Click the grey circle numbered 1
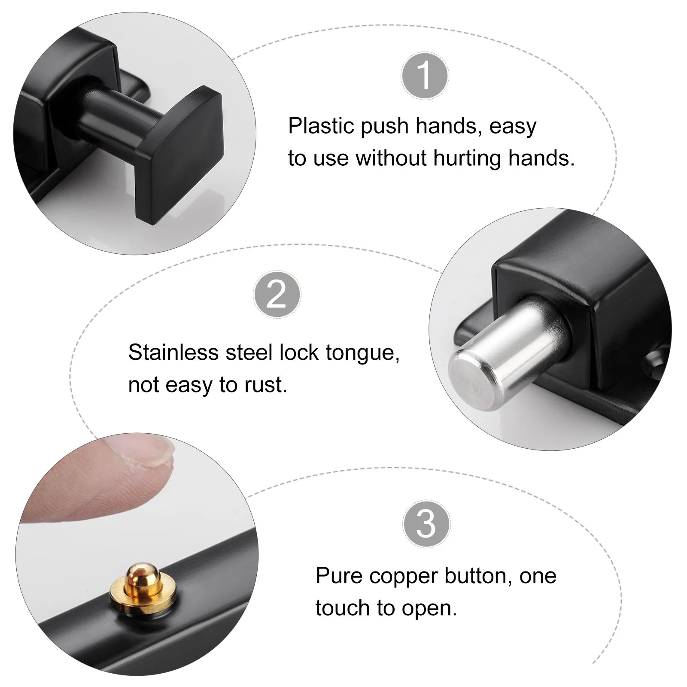coord(425,76)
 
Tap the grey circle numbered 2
coord(277,295)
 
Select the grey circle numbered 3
coord(426,524)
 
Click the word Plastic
coord(321,126)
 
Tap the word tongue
coord(362,353)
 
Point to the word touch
coord(342,608)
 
